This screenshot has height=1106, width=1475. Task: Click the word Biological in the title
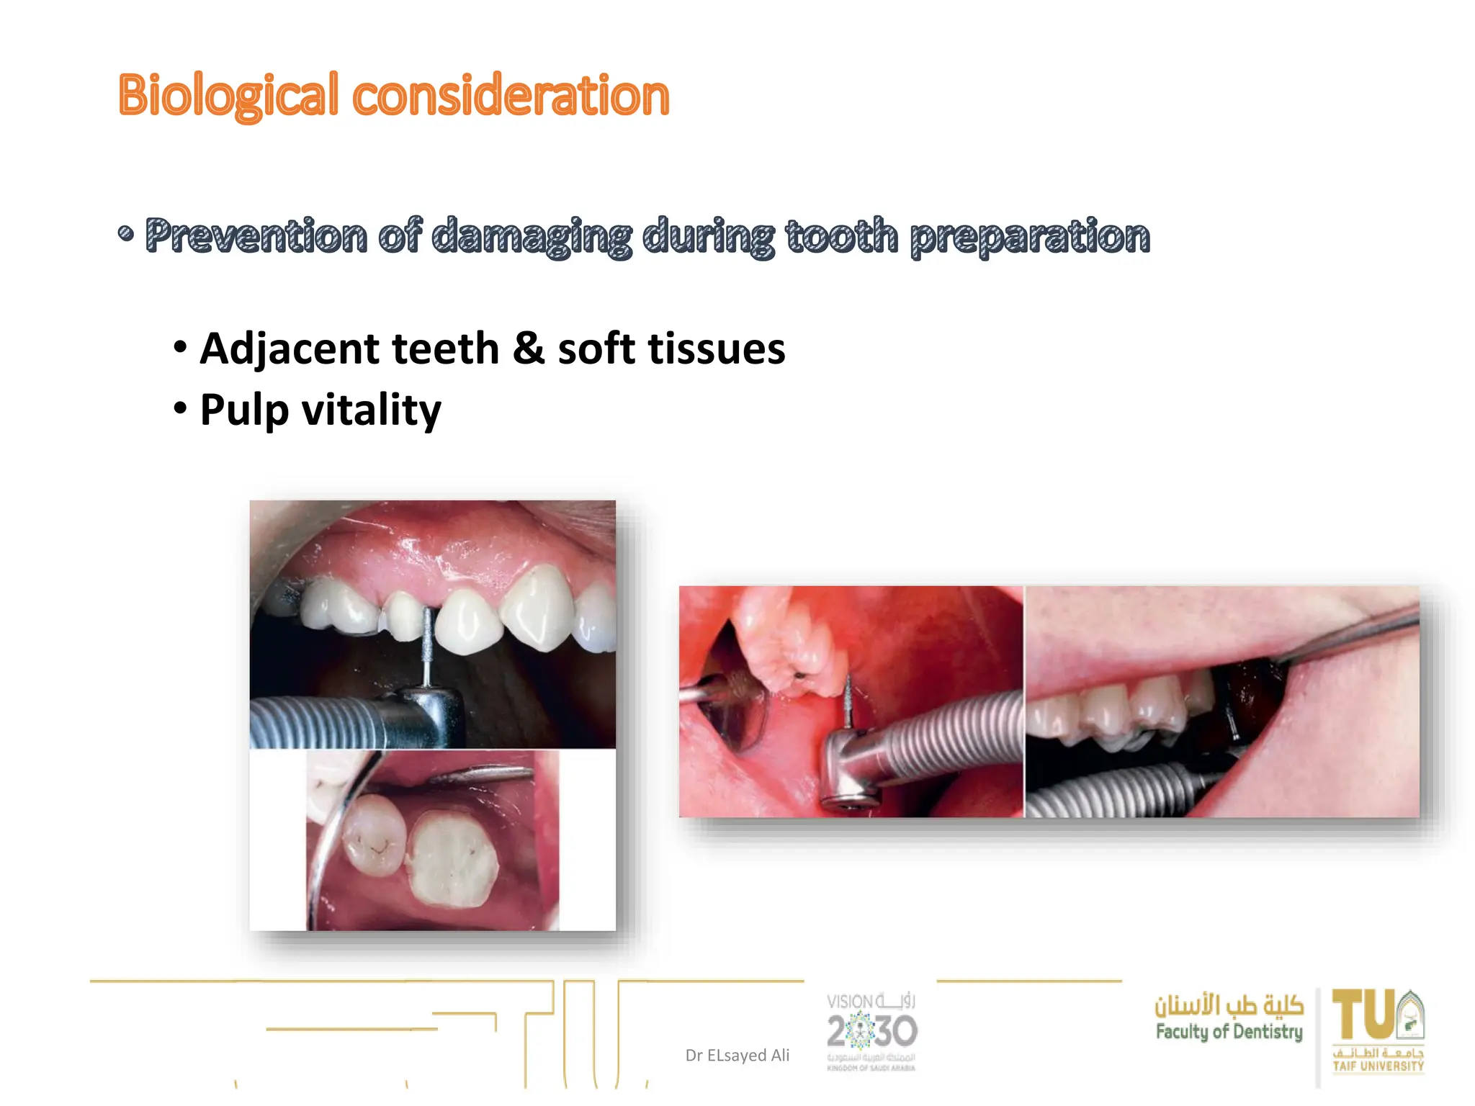(x=228, y=95)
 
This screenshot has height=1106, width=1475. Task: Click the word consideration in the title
(x=511, y=95)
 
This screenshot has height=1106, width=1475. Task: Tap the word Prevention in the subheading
(x=256, y=235)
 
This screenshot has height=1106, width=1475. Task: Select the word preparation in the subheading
(x=1030, y=235)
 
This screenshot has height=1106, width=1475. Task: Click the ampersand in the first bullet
(x=528, y=349)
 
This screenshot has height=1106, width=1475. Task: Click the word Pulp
(x=244, y=410)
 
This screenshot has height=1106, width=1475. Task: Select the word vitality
(x=371, y=410)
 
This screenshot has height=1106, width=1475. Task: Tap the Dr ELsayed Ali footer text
(x=737, y=1055)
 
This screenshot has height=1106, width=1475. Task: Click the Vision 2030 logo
(x=871, y=1031)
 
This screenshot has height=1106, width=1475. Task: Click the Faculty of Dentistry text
(x=1229, y=1032)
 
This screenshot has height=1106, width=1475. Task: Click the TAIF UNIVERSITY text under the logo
(x=1378, y=1066)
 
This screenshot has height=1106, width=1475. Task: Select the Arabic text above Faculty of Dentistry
(x=1229, y=1004)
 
